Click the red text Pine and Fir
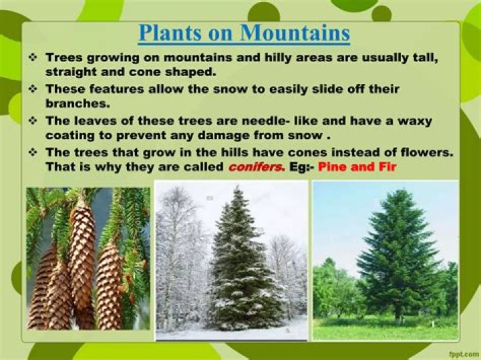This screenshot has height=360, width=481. click(357, 167)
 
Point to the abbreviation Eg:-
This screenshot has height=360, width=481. click(301, 167)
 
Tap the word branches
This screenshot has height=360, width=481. click(76, 104)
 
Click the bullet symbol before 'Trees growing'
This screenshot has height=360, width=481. click(32, 58)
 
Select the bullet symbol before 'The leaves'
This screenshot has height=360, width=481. click(32, 121)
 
